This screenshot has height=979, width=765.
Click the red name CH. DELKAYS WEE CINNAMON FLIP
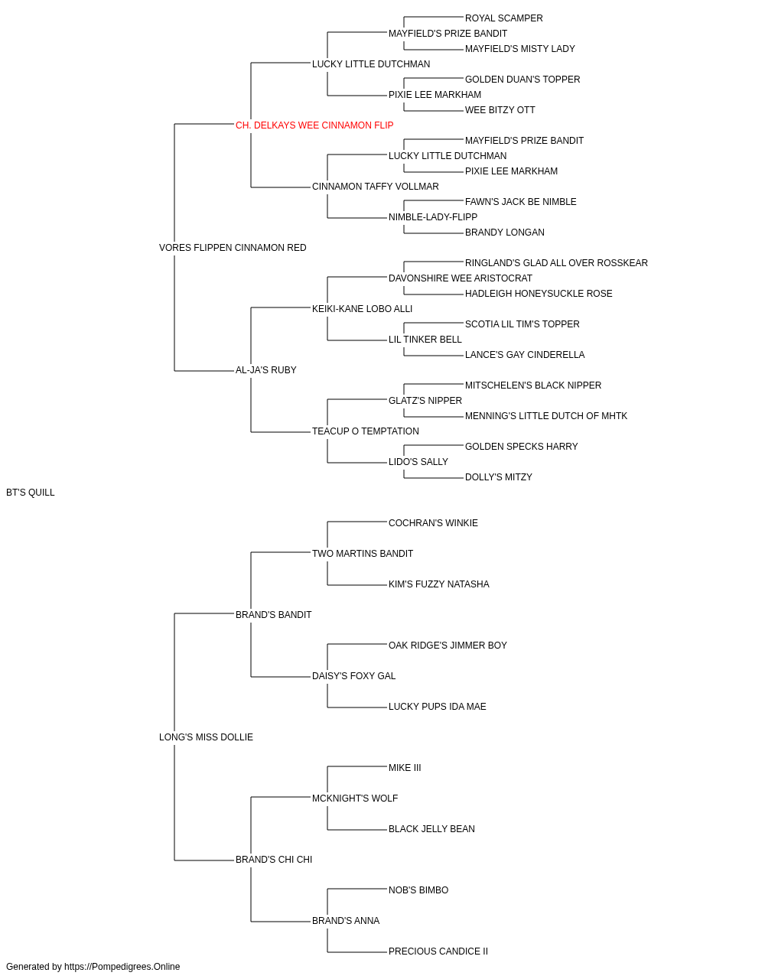click(x=314, y=125)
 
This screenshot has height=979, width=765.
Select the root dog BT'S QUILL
click(x=30, y=493)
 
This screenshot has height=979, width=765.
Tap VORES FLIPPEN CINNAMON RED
click(x=233, y=248)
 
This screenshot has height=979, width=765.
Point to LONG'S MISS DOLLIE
click(x=206, y=737)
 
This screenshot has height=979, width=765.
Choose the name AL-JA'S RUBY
click(x=265, y=370)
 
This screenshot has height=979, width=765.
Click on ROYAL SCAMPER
click(x=503, y=18)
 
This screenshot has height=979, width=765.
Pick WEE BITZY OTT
click(x=500, y=110)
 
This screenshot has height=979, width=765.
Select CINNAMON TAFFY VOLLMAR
click(x=376, y=187)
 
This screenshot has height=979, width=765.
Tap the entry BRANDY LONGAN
click(x=505, y=233)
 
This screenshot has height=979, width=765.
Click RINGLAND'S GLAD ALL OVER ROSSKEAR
click(x=556, y=263)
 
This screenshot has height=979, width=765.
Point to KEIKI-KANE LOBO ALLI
click(x=362, y=309)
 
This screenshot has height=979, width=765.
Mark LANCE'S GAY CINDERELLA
click(x=525, y=355)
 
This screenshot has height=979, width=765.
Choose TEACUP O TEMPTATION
click(x=366, y=431)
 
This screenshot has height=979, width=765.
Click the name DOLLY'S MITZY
click(x=498, y=477)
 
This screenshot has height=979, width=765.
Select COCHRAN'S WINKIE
click(x=433, y=523)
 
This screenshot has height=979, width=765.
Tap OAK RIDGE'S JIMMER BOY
click(x=448, y=646)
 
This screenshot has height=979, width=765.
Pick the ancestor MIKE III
click(x=405, y=768)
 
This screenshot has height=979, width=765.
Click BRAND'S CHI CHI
click(x=273, y=860)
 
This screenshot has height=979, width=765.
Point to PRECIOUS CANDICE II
click(x=438, y=951)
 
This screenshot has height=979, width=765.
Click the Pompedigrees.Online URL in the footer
click(x=122, y=967)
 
